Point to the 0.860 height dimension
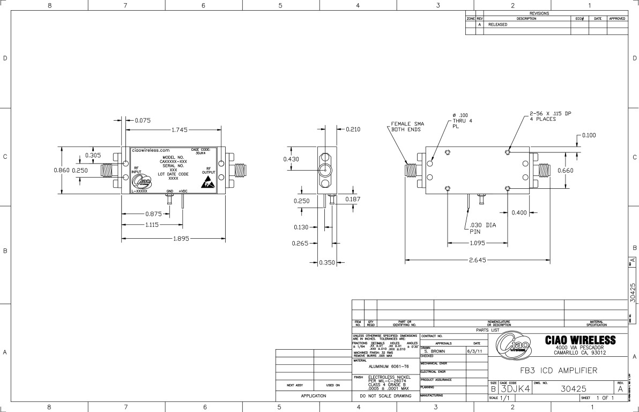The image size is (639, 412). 62,170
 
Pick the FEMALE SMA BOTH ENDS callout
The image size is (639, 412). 402,126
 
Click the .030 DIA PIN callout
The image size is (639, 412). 482,229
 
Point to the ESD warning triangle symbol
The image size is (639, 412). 207,183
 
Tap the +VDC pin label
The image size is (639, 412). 183,191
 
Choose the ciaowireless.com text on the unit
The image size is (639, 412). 151,151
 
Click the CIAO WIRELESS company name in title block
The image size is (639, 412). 580,340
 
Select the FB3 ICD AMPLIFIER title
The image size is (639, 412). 558,370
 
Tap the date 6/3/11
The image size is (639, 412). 474,351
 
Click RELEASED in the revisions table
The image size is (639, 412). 497,24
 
